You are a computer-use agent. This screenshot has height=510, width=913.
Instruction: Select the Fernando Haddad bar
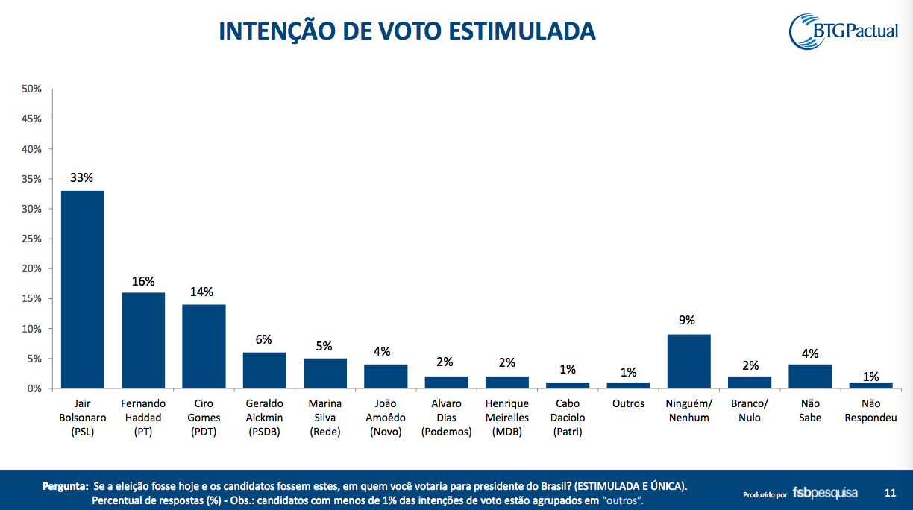pos(143,340)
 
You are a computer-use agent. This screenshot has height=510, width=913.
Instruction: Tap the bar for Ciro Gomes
pos(204,346)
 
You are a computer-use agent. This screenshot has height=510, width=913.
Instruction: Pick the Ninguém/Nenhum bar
pos(688,361)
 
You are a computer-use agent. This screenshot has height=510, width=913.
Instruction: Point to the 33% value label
pos(82,178)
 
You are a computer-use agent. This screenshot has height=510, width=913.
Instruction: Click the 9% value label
pos(687,321)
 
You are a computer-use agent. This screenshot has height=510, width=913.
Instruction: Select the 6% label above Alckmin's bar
pos(263,339)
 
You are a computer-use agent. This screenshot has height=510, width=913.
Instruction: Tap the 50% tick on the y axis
pos(31,89)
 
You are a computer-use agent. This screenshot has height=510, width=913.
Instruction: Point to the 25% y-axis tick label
pos(31,239)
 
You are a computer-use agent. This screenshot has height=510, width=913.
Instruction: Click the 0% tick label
pos(34,388)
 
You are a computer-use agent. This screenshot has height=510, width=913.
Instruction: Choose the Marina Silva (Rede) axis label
pos(325,418)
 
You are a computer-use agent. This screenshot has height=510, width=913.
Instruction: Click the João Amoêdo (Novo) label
pos(386,418)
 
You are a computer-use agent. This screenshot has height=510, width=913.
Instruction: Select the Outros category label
pos(627,404)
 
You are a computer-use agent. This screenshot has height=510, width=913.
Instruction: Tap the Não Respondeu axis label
pos(870,411)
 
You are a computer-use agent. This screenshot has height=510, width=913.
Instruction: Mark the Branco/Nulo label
pos(750,411)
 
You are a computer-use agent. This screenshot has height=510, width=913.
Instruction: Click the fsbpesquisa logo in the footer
pos(824,493)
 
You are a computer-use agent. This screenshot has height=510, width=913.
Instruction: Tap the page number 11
pos(890,493)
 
